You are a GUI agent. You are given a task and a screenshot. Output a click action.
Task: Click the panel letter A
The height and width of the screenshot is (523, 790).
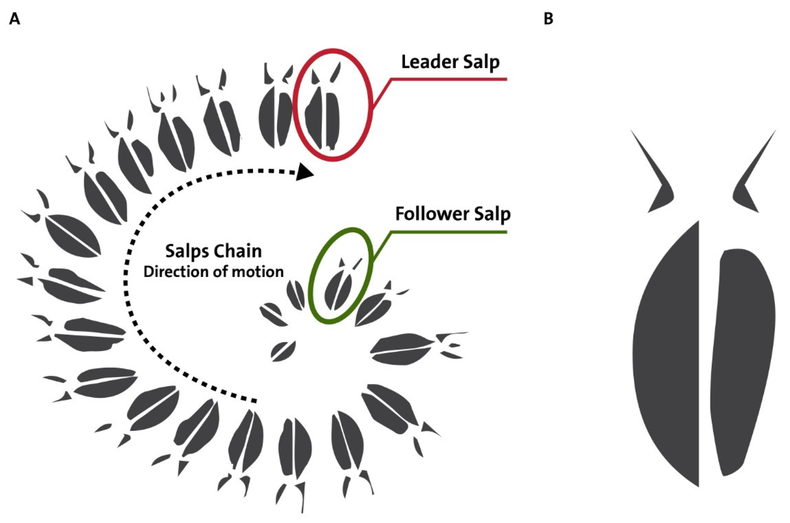[x=14, y=19]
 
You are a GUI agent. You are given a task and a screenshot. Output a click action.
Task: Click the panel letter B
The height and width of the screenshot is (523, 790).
[x=548, y=19]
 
